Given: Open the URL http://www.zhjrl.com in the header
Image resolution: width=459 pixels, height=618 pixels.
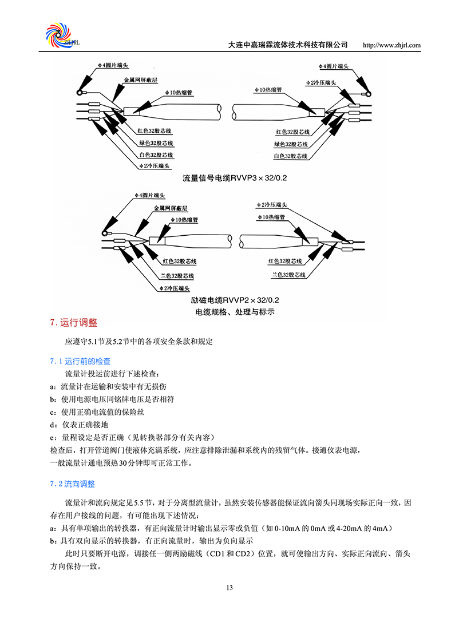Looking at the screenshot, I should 392,45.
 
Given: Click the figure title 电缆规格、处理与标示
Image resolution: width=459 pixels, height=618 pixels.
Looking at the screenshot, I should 235,312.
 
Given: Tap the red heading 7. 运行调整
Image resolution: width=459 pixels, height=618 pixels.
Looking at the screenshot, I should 74,323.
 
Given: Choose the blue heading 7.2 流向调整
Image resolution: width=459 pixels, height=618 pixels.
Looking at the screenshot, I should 72,484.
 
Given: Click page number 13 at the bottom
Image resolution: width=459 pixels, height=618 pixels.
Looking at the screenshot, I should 230,588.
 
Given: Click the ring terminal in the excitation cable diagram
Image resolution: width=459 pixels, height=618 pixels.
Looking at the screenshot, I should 105,233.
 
